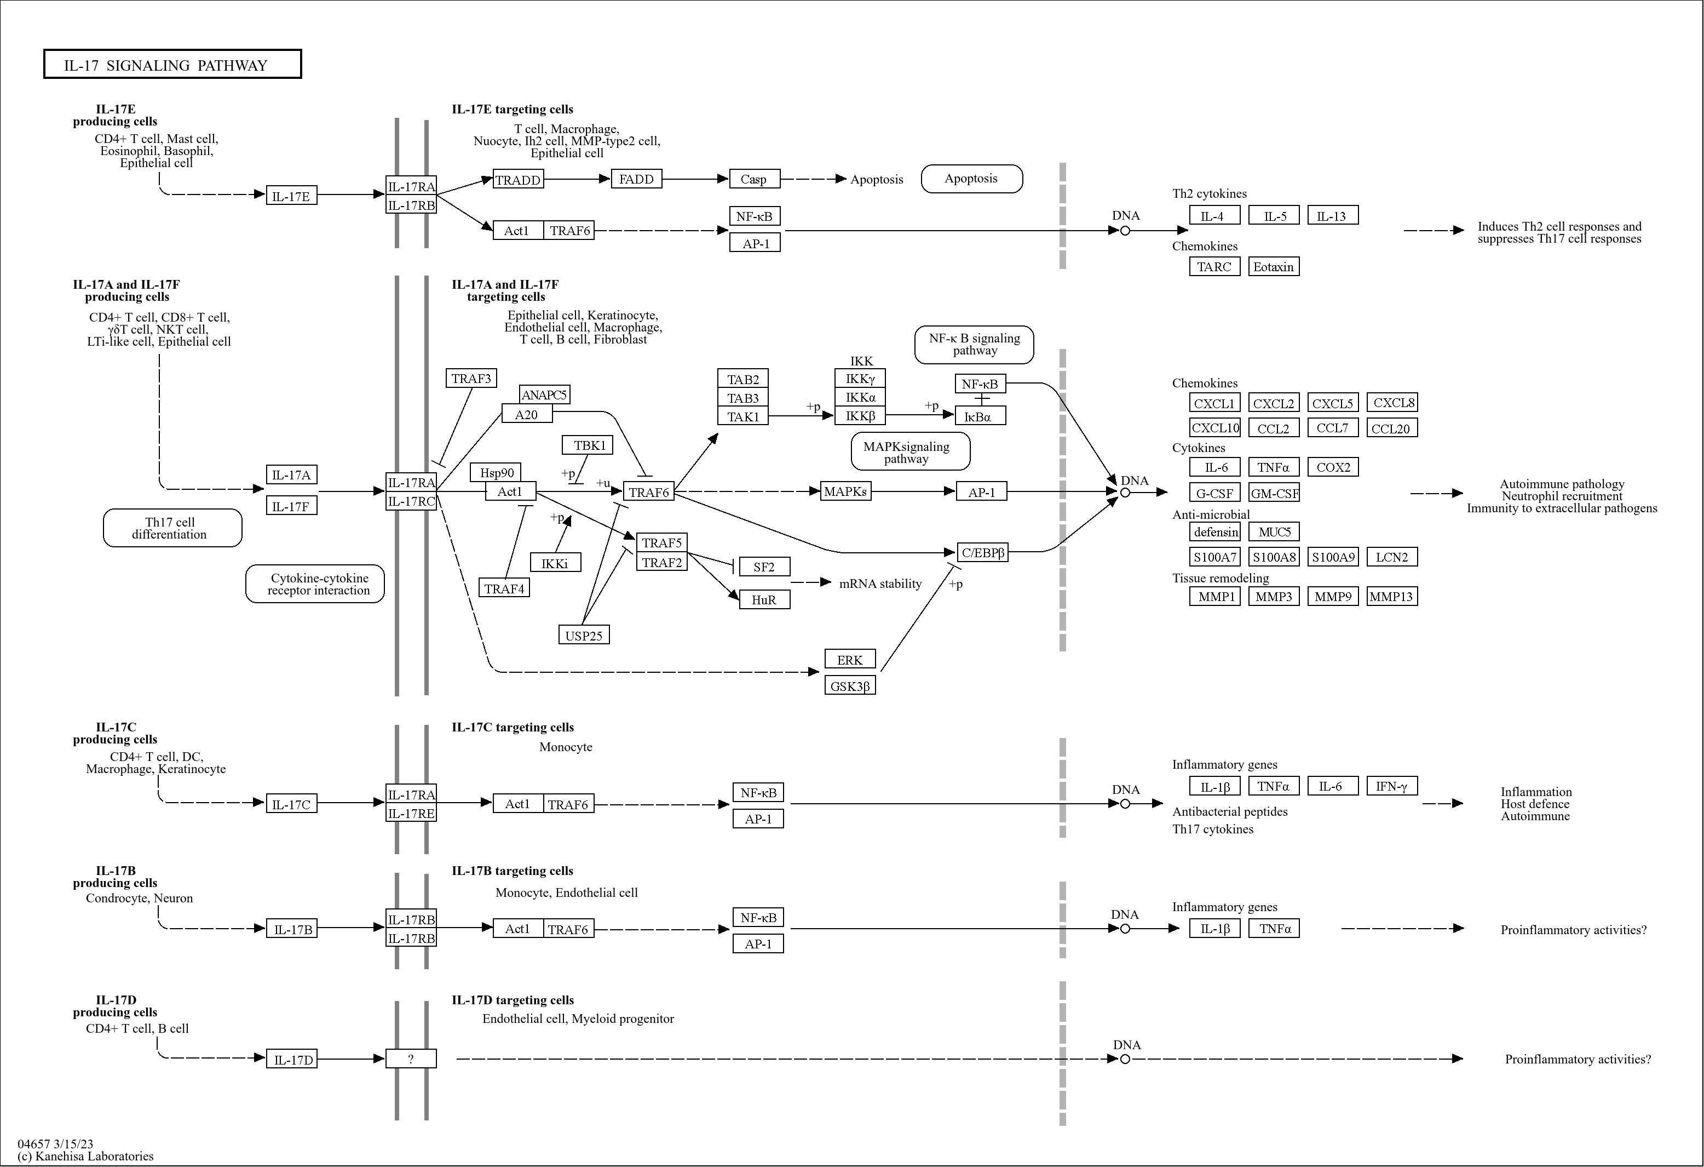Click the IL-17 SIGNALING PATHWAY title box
(172, 65)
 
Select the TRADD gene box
(517, 180)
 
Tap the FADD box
(636, 179)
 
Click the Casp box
(754, 179)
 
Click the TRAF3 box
(471, 379)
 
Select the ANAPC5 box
(544, 394)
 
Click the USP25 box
(584, 635)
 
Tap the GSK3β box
(850, 686)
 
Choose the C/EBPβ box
(982, 552)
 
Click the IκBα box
(980, 416)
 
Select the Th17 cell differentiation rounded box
(172, 528)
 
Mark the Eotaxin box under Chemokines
(1274, 266)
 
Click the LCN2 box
(1392, 557)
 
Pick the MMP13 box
(1392, 596)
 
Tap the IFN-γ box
(1392, 786)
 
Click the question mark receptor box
(411, 1059)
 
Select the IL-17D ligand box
(292, 1059)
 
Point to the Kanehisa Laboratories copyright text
(86, 1156)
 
